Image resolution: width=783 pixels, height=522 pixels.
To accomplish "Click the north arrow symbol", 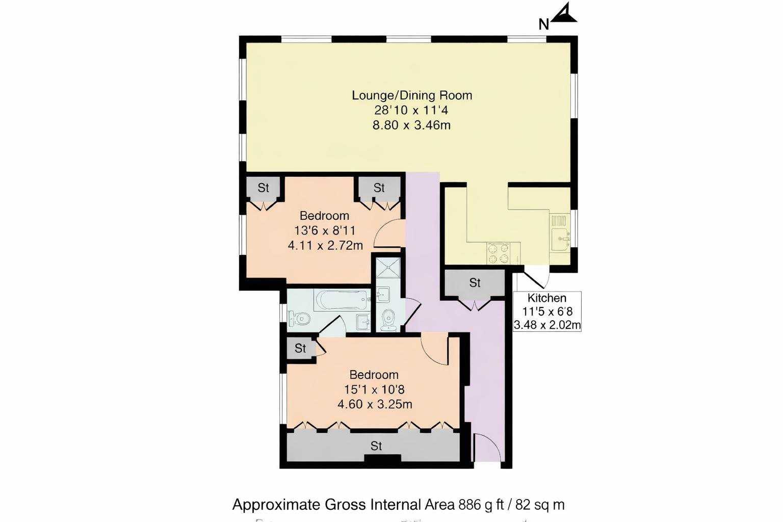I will pyautogui.click(x=564, y=14).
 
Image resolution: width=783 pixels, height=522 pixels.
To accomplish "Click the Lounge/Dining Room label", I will pyautogui.click(x=412, y=95).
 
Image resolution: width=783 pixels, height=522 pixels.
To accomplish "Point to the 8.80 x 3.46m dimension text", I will pyautogui.click(x=411, y=125).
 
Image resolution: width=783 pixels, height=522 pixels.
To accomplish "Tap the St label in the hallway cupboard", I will pyautogui.click(x=475, y=282).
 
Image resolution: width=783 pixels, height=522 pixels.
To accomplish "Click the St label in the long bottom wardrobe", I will pyautogui.click(x=376, y=446).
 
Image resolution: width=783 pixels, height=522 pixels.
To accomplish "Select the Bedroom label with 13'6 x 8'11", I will pyautogui.click(x=324, y=216).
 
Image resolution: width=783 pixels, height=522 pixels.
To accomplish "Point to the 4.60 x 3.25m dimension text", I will pyautogui.click(x=375, y=405).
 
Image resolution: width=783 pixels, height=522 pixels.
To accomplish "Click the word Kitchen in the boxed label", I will pyautogui.click(x=546, y=298).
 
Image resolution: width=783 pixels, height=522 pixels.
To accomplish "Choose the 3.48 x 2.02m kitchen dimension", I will pyautogui.click(x=547, y=325).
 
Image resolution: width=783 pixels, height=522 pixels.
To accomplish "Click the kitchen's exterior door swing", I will pyautogui.click(x=536, y=278).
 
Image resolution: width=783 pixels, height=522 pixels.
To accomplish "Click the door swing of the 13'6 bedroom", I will pyautogui.click(x=388, y=234).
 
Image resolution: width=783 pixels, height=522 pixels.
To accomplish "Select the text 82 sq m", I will pyautogui.click(x=540, y=505).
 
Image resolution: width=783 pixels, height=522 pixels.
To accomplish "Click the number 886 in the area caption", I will pyautogui.click(x=469, y=505).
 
